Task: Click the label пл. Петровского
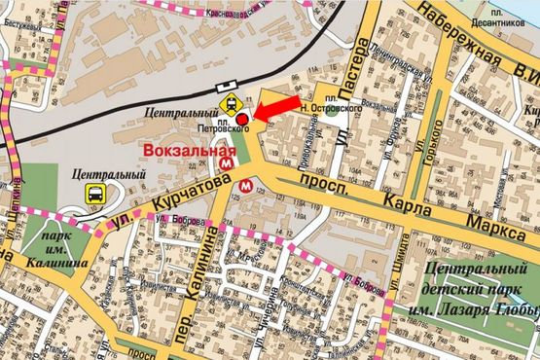pos(234,124)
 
